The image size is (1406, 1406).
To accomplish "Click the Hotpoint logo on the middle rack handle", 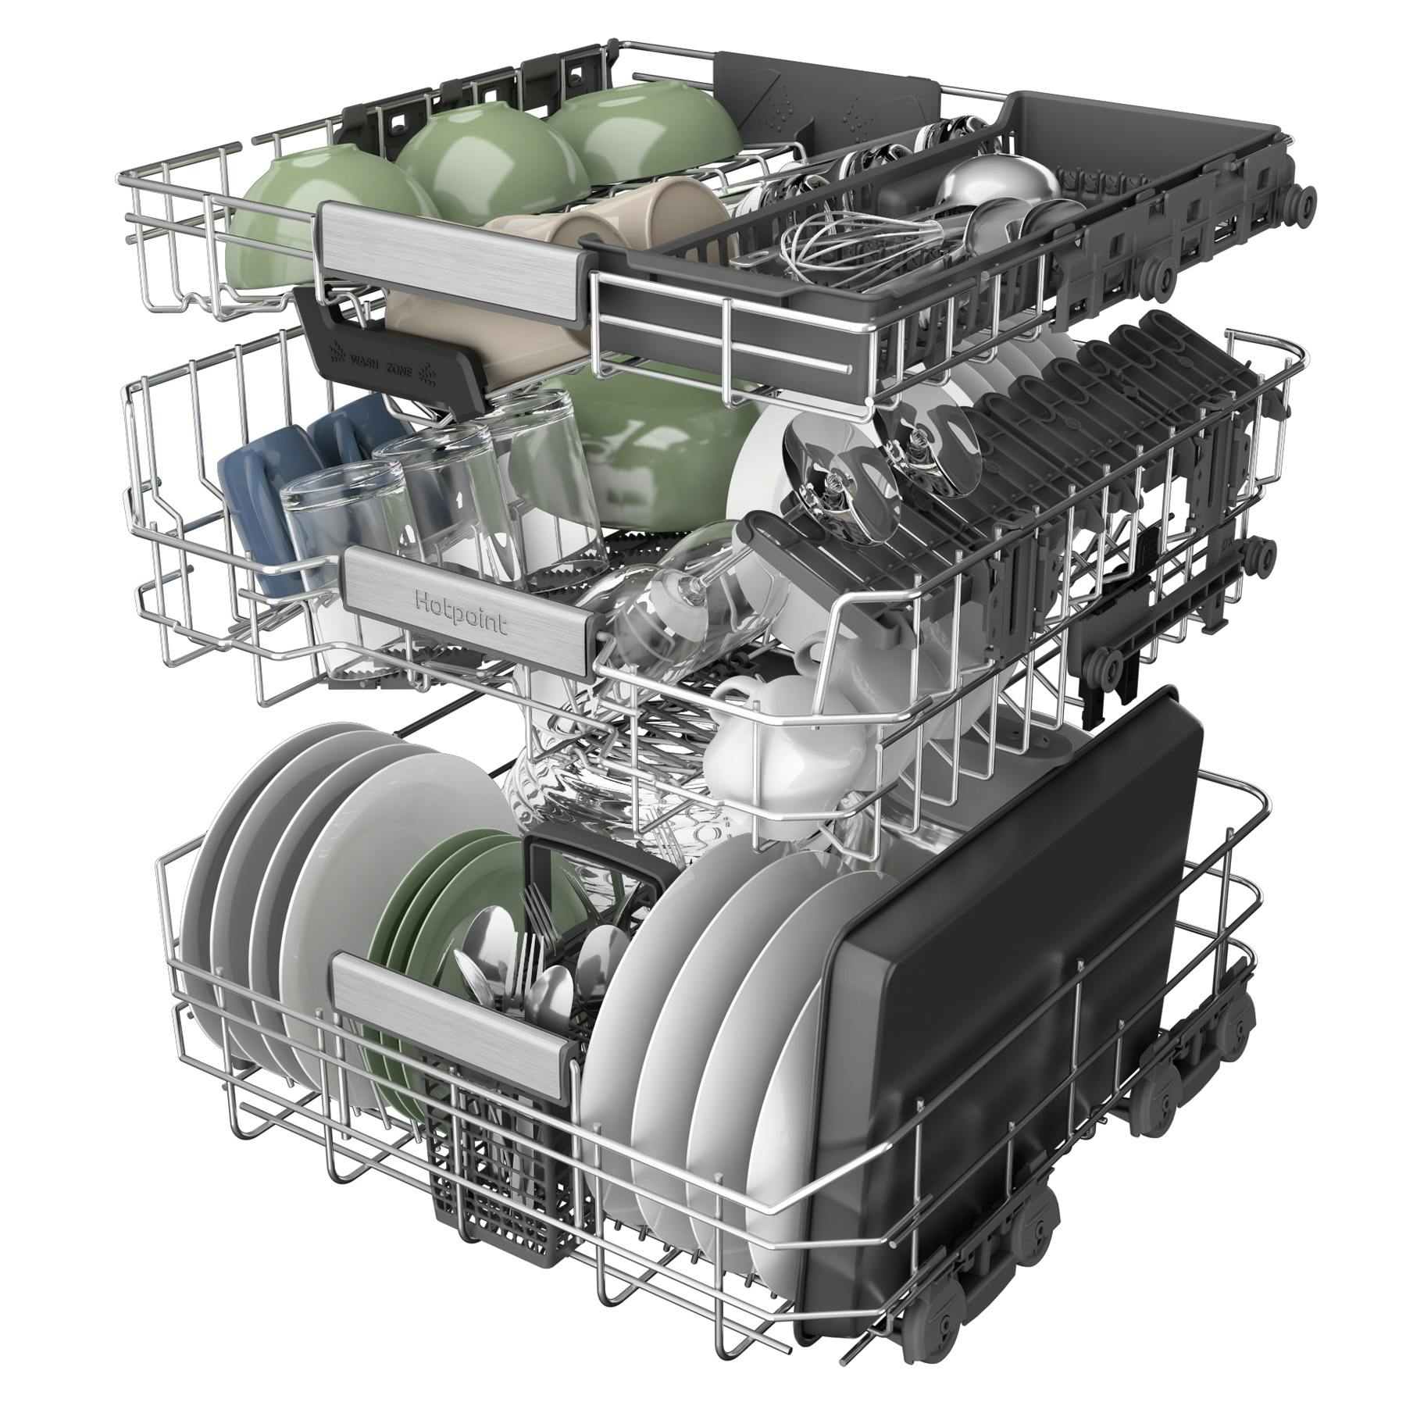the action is point(460,613).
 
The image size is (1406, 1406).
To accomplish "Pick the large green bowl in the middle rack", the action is point(641,445).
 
